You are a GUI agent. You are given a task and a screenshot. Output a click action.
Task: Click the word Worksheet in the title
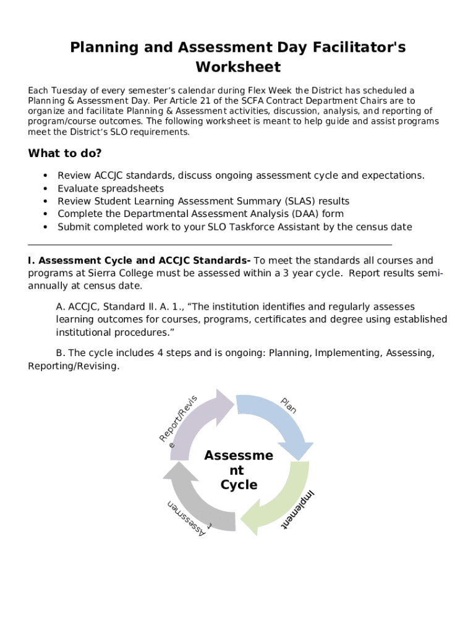click(x=238, y=67)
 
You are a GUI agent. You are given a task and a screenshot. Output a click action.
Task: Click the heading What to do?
click(x=65, y=153)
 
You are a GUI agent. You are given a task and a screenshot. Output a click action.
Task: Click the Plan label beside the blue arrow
click(x=289, y=405)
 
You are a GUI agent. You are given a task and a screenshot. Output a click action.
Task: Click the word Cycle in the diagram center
click(x=239, y=485)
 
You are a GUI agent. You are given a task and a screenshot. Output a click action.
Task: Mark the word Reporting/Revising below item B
click(x=73, y=366)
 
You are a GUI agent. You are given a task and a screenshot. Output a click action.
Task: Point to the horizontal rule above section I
click(x=210, y=245)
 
